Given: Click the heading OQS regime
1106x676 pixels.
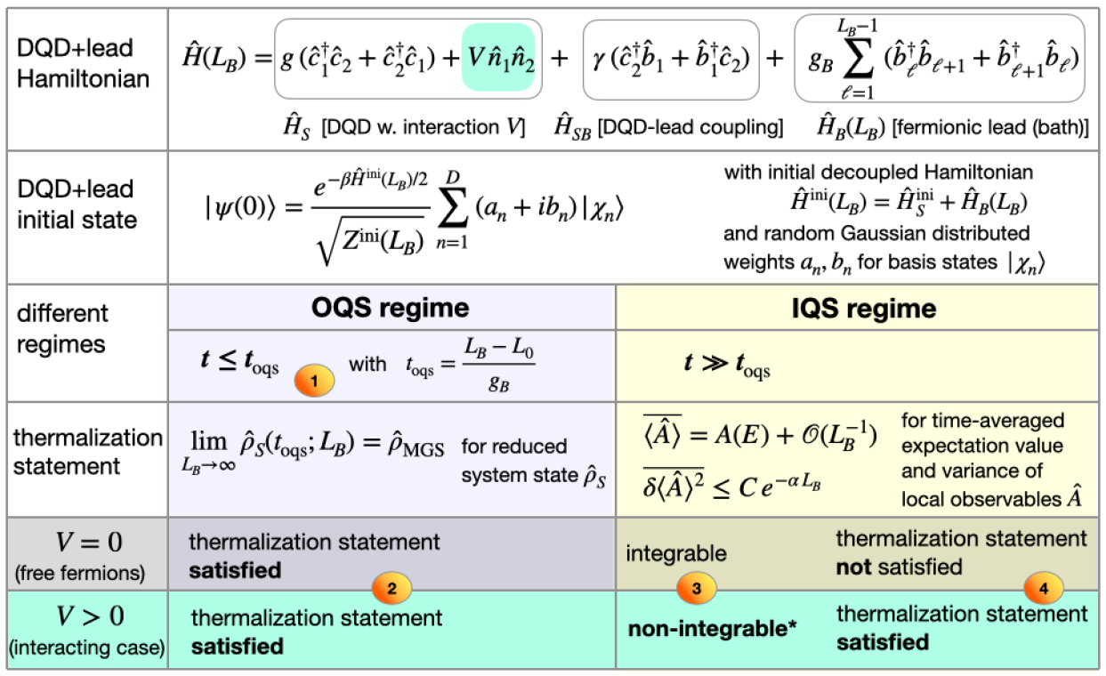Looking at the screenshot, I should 391,308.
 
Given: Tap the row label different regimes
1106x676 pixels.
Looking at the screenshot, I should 62,328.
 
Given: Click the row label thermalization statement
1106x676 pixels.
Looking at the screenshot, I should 86,452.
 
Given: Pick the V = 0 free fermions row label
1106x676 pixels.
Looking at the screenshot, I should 83,551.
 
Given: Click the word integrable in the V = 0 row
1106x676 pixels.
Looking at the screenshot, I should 675,553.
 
